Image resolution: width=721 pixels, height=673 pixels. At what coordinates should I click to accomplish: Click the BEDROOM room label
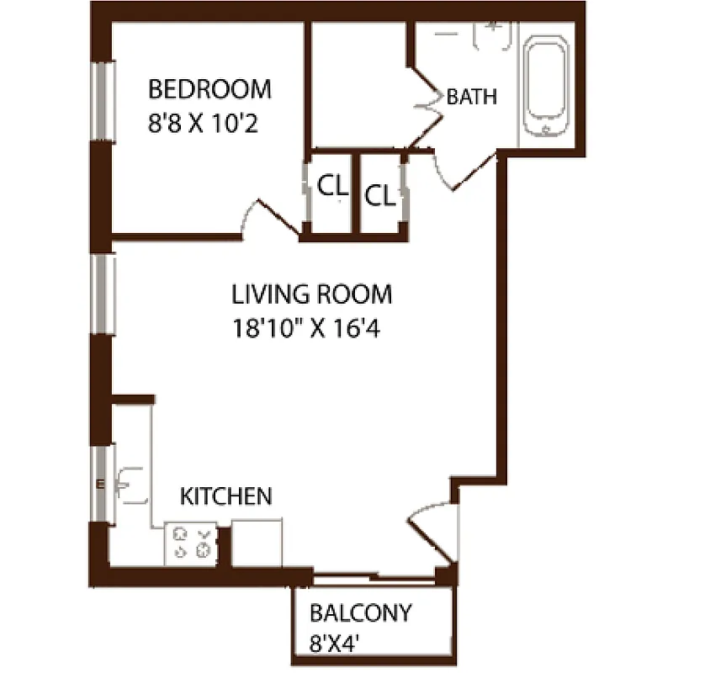(209, 88)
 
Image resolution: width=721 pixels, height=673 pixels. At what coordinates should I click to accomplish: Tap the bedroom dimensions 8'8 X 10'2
(201, 125)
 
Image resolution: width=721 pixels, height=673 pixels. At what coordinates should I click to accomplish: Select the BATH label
(471, 97)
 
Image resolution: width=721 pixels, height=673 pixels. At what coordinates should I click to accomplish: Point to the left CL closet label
(332, 187)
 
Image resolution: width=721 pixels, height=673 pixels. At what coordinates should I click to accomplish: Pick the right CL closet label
(379, 196)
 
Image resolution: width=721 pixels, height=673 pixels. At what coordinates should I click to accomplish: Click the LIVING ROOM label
(312, 294)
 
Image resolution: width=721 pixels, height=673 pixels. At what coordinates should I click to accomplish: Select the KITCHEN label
(226, 496)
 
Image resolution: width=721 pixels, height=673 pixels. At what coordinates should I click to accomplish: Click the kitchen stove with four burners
(191, 543)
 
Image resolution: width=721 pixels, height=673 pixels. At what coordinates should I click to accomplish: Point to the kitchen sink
(130, 485)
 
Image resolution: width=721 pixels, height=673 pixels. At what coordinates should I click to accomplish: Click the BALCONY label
(361, 612)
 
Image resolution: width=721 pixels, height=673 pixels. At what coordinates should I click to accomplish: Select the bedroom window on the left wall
(103, 101)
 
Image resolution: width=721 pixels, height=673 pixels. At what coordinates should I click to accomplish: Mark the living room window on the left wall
(103, 294)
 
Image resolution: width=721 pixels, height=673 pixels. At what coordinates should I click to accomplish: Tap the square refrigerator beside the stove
(257, 543)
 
